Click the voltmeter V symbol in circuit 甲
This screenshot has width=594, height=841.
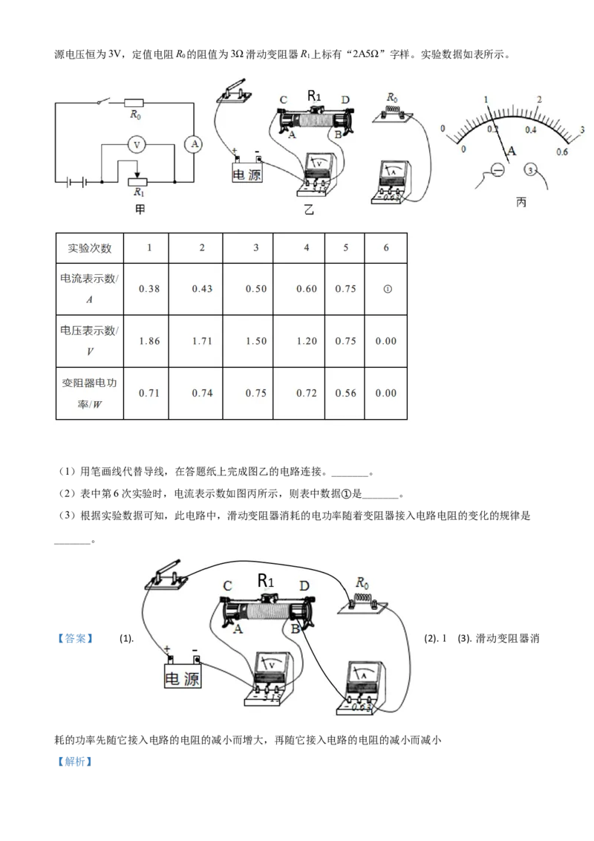(136, 146)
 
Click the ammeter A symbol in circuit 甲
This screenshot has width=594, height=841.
(194, 145)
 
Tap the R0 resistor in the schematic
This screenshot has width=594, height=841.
(134, 103)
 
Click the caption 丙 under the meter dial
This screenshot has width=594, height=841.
(520, 202)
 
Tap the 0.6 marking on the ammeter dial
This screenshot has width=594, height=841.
(561, 152)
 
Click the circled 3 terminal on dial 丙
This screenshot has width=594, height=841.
(530, 170)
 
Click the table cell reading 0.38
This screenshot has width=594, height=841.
(149, 288)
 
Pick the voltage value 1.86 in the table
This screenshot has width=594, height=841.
(149, 341)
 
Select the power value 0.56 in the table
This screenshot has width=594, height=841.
(345, 393)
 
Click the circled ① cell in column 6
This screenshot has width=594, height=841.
(386, 288)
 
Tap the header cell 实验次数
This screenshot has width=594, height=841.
(85, 247)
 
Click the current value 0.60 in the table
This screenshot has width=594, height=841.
(306, 288)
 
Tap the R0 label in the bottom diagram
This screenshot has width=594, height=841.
(363, 582)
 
